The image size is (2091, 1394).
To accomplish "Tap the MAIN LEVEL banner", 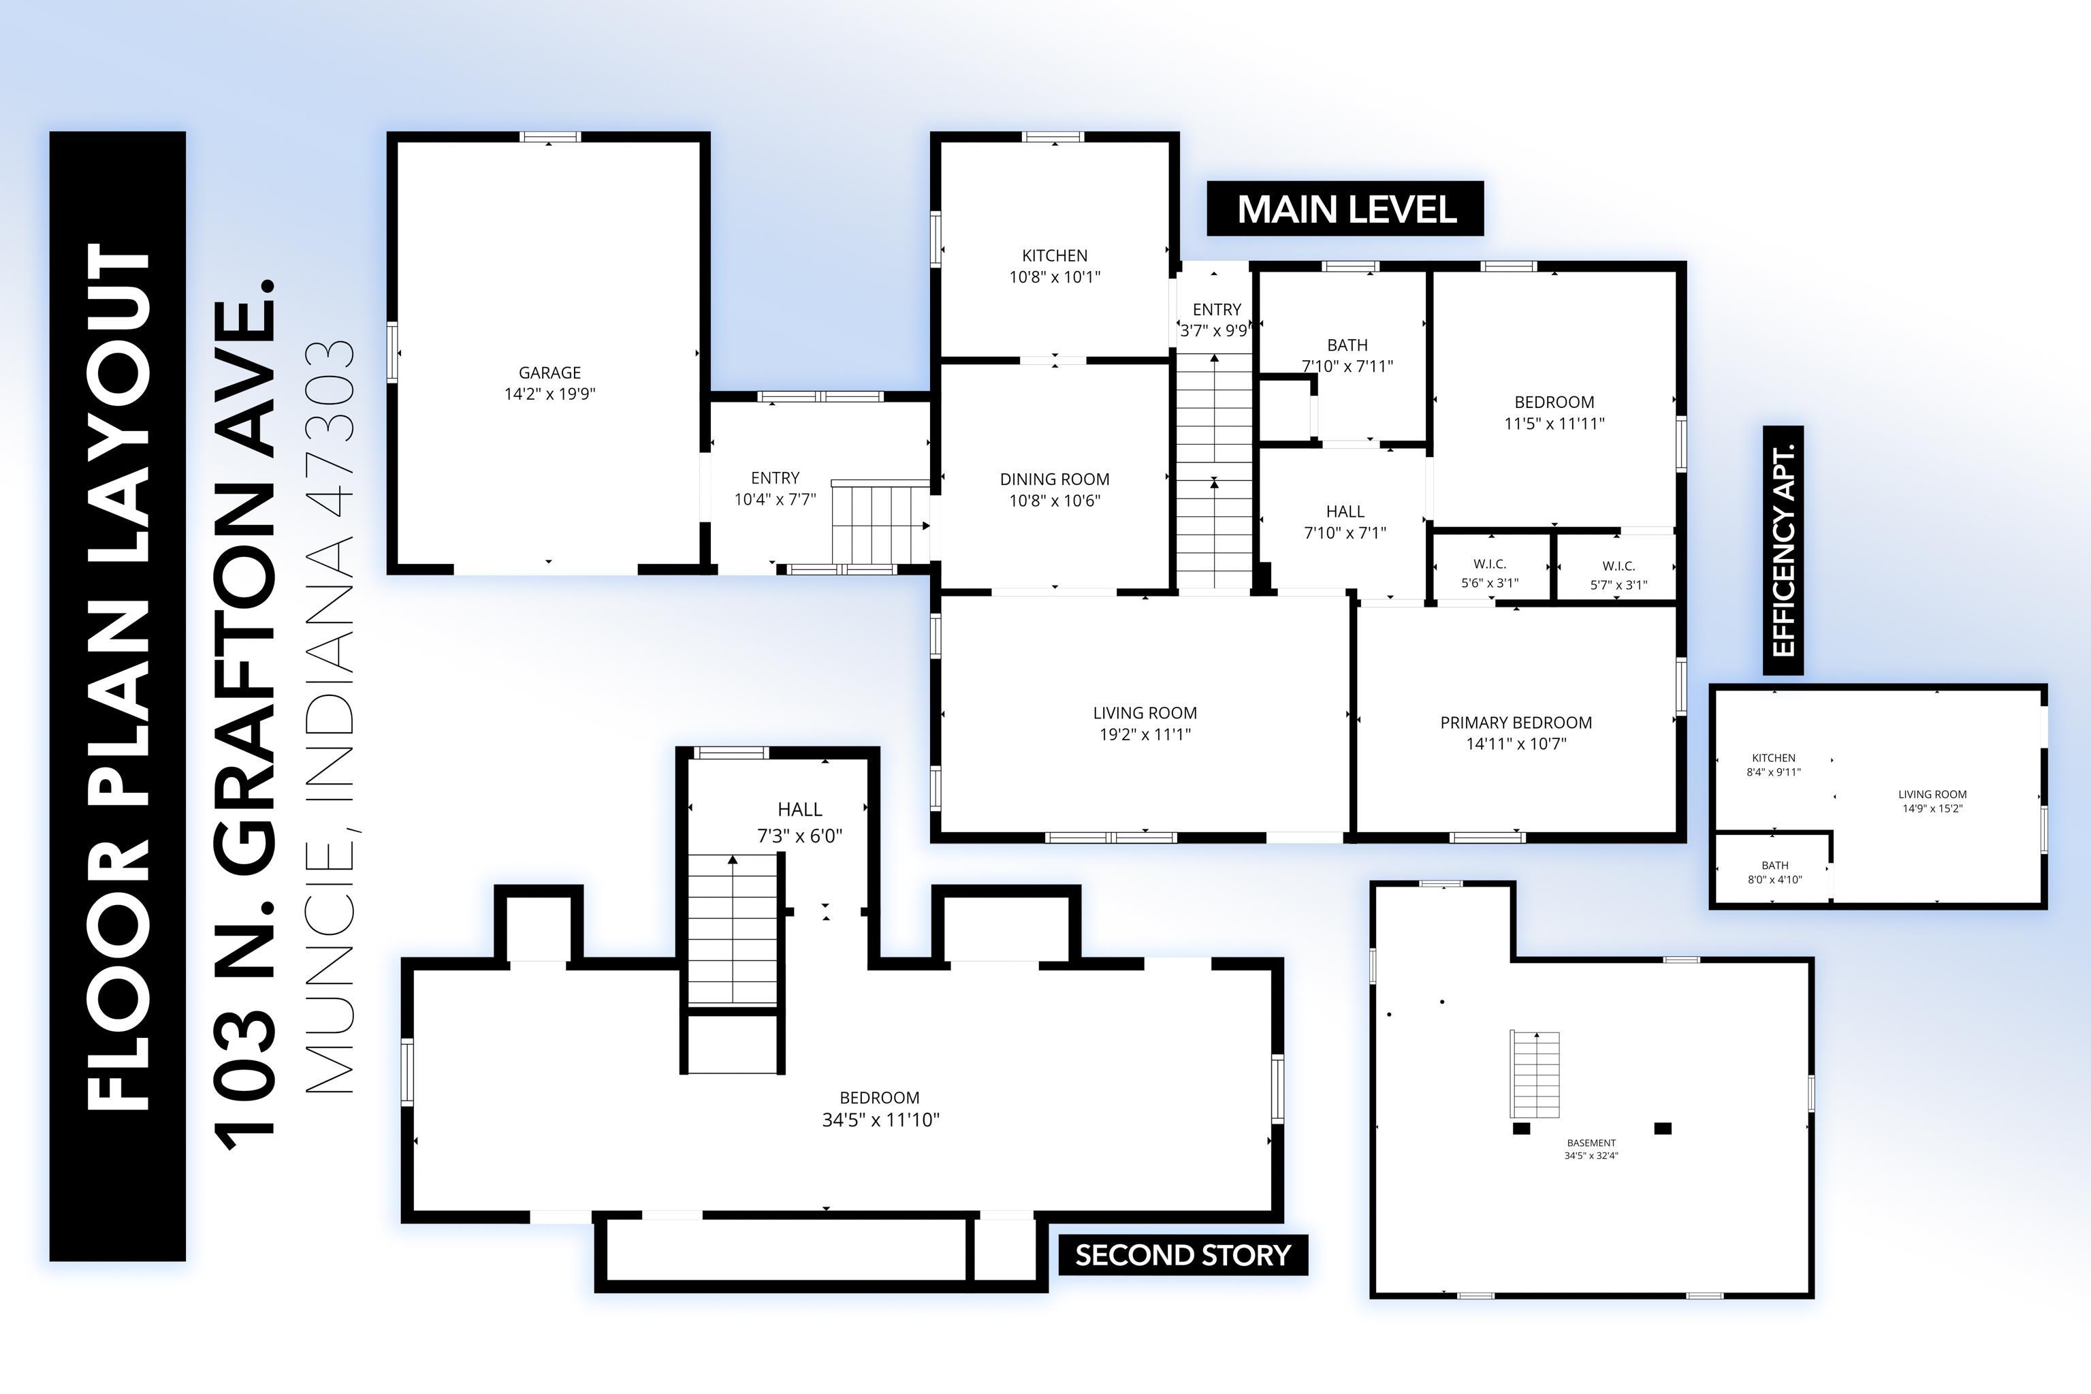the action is (x=1345, y=209).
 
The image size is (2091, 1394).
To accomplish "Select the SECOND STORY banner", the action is (x=1183, y=1254).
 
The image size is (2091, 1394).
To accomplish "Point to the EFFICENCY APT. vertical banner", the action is (x=1783, y=550).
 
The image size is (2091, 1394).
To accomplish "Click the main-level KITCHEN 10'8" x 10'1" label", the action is (x=1055, y=266).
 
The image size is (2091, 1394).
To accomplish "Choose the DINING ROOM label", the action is (x=1055, y=490).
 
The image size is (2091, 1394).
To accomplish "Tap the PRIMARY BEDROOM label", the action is (x=1516, y=733).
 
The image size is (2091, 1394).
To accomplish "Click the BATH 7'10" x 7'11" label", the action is (x=1347, y=355).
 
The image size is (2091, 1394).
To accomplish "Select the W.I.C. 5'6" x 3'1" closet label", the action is (x=1490, y=573).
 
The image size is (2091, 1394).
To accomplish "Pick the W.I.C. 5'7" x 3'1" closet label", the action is (x=1618, y=575).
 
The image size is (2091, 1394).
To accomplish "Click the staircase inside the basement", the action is (x=1535, y=1075).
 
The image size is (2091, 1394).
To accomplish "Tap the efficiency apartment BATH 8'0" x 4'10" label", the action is (x=1774, y=872).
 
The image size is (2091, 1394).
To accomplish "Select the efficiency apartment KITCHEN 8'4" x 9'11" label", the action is (x=1774, y=765).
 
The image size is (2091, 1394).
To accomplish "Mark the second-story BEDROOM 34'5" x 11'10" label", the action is (x=880, y=1109).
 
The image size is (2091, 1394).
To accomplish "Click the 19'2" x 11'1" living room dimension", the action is (x=1145, y=734).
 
